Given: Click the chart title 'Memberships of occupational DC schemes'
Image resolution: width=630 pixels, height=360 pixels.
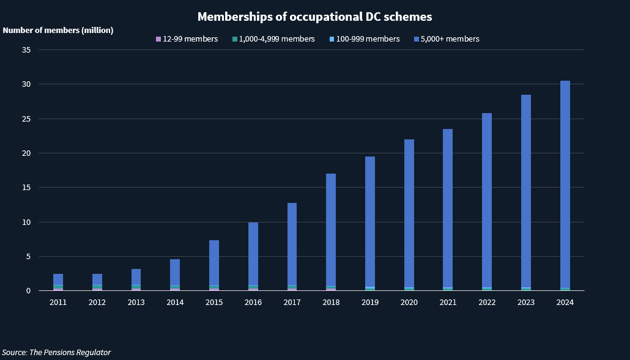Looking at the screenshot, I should click(x=314, y=16).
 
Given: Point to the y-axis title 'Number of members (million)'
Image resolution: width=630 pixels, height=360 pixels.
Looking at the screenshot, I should click(x=58, y=30).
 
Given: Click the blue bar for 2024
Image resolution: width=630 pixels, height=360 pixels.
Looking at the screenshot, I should click(x=565, y=183).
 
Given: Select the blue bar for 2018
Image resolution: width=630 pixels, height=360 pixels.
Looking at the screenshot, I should click(x=331, y=229).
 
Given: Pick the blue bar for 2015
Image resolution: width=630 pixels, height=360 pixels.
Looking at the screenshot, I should click(x=214, y=263).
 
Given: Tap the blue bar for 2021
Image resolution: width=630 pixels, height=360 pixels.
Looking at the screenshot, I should click(x=448, y=208).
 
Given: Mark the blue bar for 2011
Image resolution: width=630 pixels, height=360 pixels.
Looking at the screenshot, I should click(x=58, y=279).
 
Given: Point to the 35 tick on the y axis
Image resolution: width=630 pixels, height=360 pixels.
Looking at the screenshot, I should click(x=27, y=50).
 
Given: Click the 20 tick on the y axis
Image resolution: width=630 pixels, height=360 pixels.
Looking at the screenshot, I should click(x=27, y=153).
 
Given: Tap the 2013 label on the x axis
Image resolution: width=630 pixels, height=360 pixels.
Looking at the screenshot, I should click(x=136, y=302).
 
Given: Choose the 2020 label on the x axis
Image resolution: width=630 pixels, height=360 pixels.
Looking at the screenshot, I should click(x=409, y=302).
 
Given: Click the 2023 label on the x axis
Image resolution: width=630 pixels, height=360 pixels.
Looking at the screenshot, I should click(x=526, y=302).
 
